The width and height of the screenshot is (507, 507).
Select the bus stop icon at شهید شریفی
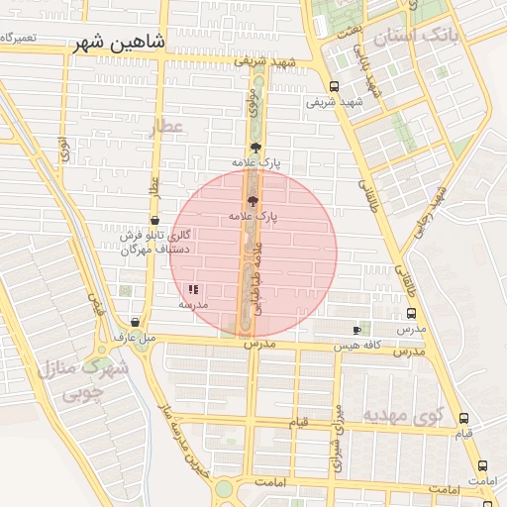pos(334,86)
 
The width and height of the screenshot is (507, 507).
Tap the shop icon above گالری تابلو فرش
pos(154,221)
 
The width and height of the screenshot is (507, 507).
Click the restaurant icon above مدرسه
pos(192,290)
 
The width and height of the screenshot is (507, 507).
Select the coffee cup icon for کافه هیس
pos(356,329)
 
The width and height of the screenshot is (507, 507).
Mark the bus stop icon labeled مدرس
pos(411,311)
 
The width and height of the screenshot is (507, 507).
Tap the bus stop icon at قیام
pos(466,419)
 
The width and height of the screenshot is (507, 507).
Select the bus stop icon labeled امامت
pos(482,465)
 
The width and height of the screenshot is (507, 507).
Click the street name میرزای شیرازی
pos(338,425)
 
